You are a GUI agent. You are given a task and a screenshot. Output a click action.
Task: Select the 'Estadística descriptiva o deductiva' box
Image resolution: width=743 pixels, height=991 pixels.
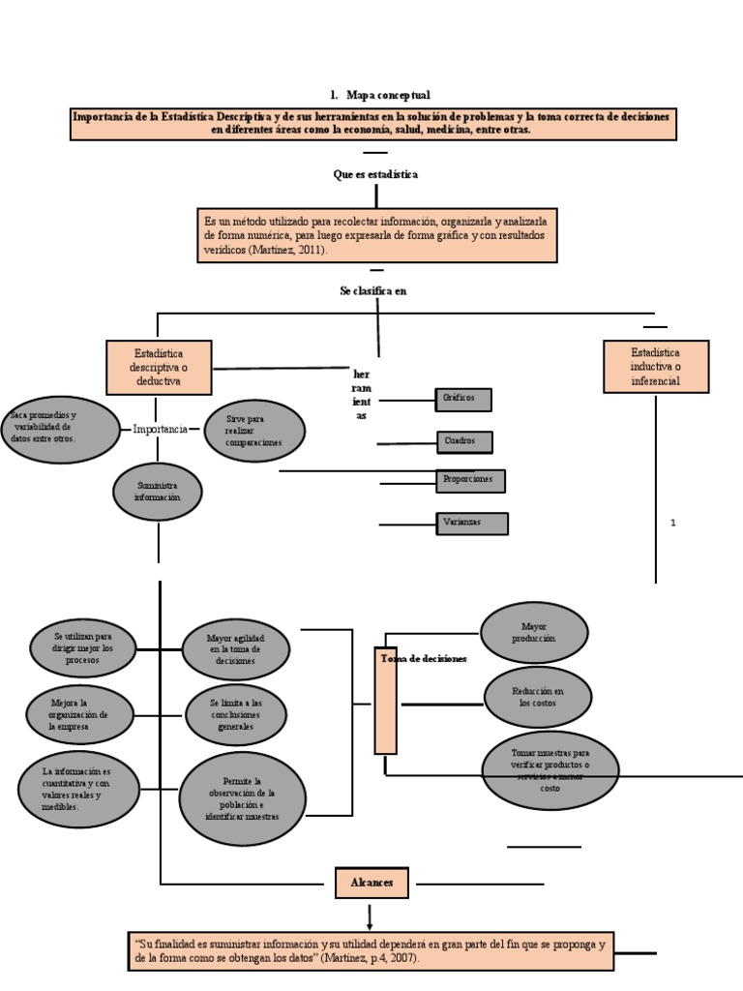160,367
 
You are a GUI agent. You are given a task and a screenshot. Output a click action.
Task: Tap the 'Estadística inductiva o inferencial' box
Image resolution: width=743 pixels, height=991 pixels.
655,367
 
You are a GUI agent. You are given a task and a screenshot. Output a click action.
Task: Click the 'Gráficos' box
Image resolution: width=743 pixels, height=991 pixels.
463,399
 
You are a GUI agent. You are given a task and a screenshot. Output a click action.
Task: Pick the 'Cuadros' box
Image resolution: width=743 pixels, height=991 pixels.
463,441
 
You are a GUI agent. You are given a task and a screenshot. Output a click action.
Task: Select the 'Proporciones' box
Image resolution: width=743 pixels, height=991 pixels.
470,480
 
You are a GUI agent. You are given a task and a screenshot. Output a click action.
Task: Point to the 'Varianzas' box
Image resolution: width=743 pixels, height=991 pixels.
472,523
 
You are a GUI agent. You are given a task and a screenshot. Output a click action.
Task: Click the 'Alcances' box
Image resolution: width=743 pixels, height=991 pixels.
372,883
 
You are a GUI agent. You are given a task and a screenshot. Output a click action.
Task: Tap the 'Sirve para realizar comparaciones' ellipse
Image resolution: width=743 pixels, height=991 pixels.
254,431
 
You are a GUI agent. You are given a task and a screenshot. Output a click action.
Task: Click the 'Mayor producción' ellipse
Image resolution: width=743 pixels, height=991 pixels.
534,633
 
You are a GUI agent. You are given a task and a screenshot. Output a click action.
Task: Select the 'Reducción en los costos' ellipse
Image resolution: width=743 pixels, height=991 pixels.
538,697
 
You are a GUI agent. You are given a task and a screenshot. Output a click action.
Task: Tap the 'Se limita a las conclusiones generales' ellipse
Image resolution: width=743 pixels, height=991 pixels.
235,713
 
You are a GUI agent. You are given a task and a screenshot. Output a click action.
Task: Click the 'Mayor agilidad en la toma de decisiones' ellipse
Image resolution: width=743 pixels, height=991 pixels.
235,647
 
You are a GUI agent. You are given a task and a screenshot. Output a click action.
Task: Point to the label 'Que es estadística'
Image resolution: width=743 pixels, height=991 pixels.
375,174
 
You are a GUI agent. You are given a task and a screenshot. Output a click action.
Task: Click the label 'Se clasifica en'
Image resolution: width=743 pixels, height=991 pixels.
372,291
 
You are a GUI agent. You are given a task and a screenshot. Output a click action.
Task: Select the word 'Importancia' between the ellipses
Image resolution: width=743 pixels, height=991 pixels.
160,429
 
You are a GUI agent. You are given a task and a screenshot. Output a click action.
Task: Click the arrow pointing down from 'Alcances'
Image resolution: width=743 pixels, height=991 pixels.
370,915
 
